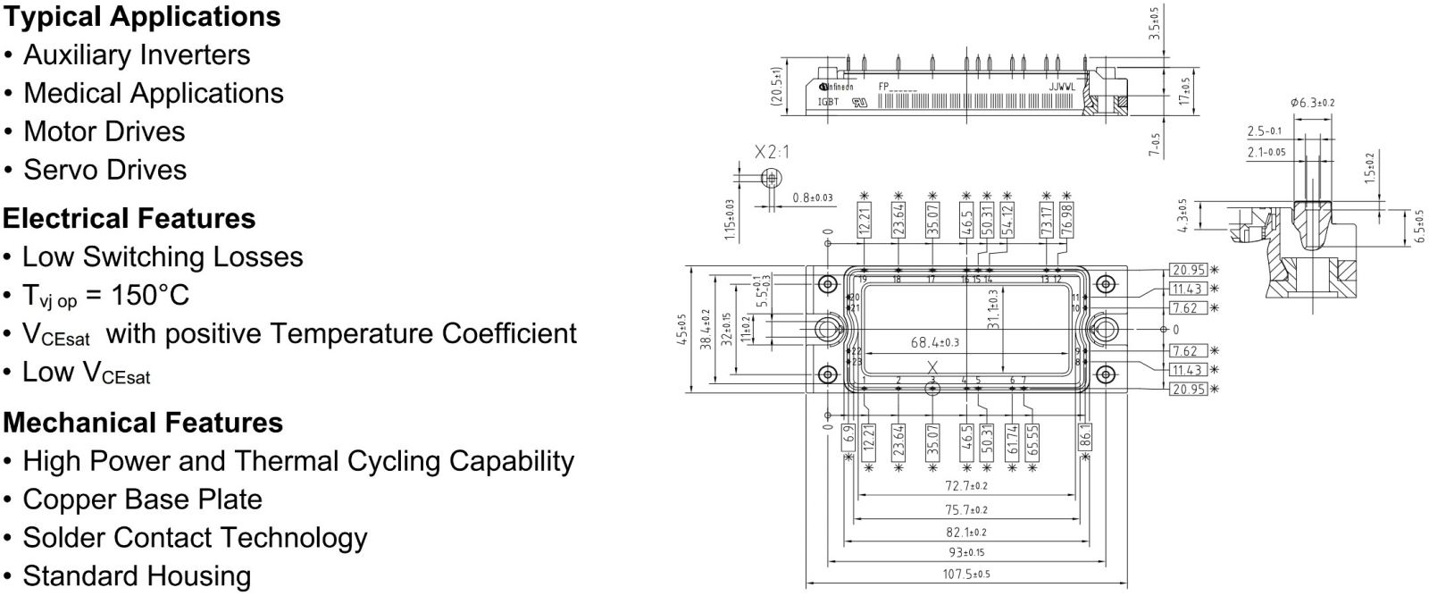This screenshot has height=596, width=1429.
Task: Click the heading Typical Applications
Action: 141,16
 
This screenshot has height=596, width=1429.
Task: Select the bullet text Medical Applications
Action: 153,93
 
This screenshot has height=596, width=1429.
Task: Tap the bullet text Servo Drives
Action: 104,170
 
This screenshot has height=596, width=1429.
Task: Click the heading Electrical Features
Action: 129,218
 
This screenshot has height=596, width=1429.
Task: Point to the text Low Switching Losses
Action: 163,257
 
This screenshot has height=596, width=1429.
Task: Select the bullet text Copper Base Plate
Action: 142,499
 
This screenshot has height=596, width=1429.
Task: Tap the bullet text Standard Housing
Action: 137,576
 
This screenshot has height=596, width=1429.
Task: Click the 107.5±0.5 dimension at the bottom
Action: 966,574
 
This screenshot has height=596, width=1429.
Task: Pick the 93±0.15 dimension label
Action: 966,552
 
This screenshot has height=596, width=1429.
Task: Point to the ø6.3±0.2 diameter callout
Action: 1312,103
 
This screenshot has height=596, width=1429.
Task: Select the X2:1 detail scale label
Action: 772,152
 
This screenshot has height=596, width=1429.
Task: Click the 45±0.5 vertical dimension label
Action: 682,328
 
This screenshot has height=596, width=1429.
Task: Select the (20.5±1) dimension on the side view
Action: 777,87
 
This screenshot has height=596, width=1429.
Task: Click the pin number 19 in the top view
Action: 864,280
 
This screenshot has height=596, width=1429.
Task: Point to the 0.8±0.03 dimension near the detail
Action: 813,197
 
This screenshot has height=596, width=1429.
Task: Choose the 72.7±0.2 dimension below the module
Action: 966,486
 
